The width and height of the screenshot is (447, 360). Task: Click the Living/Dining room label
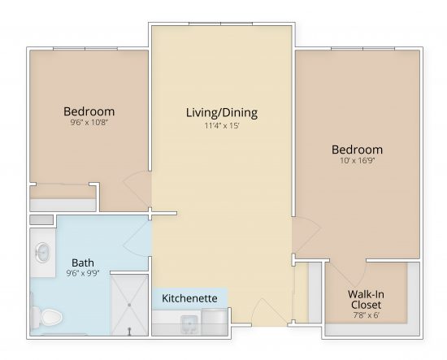[x=221, y=113]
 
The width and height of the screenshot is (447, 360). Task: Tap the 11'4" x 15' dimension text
[x=221, y=127]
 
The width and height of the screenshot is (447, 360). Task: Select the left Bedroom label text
[x=89, y=111]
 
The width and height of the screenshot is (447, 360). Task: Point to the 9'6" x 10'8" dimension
[x=89, y=124]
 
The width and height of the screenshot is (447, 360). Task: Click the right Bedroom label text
[x=357, y=150]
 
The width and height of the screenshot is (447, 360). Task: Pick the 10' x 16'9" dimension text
[x=357, y=162]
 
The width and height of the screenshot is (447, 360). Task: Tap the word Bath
[x=82, y=262]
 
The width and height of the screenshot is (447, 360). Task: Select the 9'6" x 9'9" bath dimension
[x=82, y=275]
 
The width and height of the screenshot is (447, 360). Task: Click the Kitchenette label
[x=189, y=298]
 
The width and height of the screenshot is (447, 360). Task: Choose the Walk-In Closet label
[x=367, y=299]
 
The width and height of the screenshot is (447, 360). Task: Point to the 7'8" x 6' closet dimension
[x=367, y=316]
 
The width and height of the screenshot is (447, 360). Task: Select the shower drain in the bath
[x=130, y=330]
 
